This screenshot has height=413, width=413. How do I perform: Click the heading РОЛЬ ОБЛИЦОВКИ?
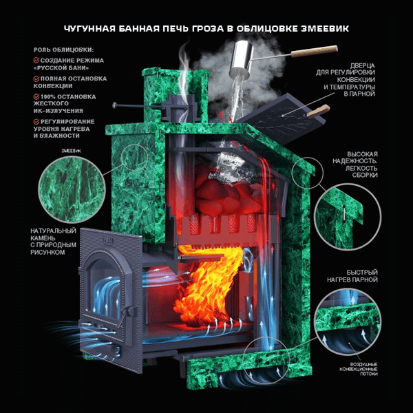(63, 50)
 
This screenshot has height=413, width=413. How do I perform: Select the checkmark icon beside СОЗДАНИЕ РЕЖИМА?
(36, 61)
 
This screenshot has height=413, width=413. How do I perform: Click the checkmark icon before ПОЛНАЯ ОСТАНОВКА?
(36, 78)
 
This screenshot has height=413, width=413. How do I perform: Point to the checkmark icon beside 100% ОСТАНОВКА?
(36, 96)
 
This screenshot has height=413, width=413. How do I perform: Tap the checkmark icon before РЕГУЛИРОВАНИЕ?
(36, 121)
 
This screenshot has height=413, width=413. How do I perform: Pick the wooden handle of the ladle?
(315, 51)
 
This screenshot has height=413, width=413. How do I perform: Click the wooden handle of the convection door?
(318, 111)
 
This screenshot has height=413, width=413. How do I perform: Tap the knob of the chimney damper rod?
(114, 105)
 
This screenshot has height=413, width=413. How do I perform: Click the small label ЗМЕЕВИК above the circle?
(72, 151)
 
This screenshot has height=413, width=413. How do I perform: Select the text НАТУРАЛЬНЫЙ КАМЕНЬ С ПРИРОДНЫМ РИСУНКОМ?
(54, 242)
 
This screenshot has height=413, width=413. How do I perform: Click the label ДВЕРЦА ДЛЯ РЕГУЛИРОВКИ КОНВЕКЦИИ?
(346, 80)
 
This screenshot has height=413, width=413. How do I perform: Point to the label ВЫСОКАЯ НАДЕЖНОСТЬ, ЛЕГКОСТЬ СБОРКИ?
(354, 165)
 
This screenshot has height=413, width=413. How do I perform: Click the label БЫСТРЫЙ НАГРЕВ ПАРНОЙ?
(352, 276)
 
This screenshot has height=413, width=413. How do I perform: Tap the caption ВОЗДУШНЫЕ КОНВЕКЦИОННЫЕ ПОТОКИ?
(359, 369)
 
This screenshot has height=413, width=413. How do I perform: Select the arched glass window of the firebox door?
(105, 287)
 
